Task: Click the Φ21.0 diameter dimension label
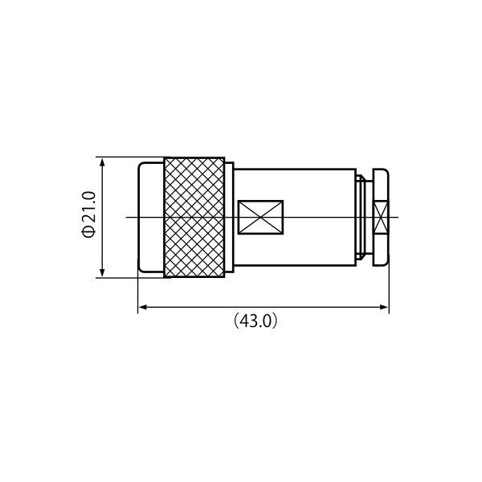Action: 89,214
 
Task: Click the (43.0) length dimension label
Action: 255,321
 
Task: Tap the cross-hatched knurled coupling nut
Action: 194,218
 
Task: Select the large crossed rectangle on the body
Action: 260,218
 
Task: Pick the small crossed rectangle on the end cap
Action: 381,218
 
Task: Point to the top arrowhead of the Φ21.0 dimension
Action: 102,163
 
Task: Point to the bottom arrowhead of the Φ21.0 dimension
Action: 102,272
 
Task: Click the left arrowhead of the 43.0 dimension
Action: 144,307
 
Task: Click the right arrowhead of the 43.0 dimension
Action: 383,307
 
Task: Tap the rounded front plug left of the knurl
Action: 151,218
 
